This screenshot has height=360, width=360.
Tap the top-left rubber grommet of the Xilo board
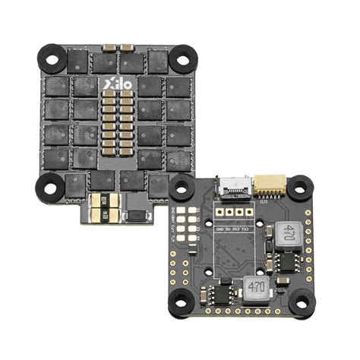(52, 55)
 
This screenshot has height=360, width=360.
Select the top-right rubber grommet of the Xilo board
(182, 55)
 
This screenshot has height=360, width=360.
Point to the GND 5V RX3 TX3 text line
(235, 227)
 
